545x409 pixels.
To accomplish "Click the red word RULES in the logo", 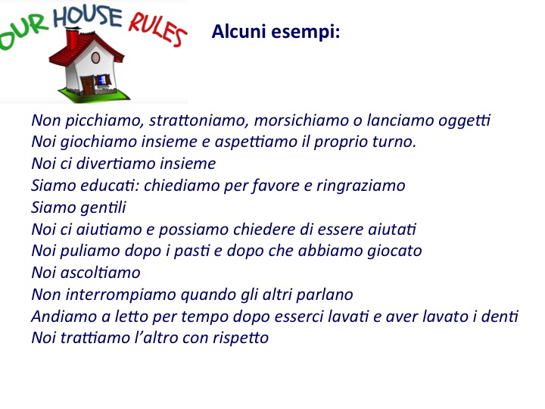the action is click(x=157, y=30).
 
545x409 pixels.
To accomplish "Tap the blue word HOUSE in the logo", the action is click(x=88, y=17).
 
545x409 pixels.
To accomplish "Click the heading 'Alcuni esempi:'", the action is click(x=276, y=31).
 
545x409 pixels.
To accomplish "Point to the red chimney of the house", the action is click(x=73, y=39).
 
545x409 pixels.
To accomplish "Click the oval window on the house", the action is click(x=95, y=58).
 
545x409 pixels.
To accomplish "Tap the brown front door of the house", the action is click(x=88, y=86).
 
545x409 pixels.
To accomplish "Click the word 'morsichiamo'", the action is click(x=301, y=120).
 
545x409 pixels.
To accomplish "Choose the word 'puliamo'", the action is click(x=90, y=251).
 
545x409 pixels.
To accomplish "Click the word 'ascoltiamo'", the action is click(x=101, y=273).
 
